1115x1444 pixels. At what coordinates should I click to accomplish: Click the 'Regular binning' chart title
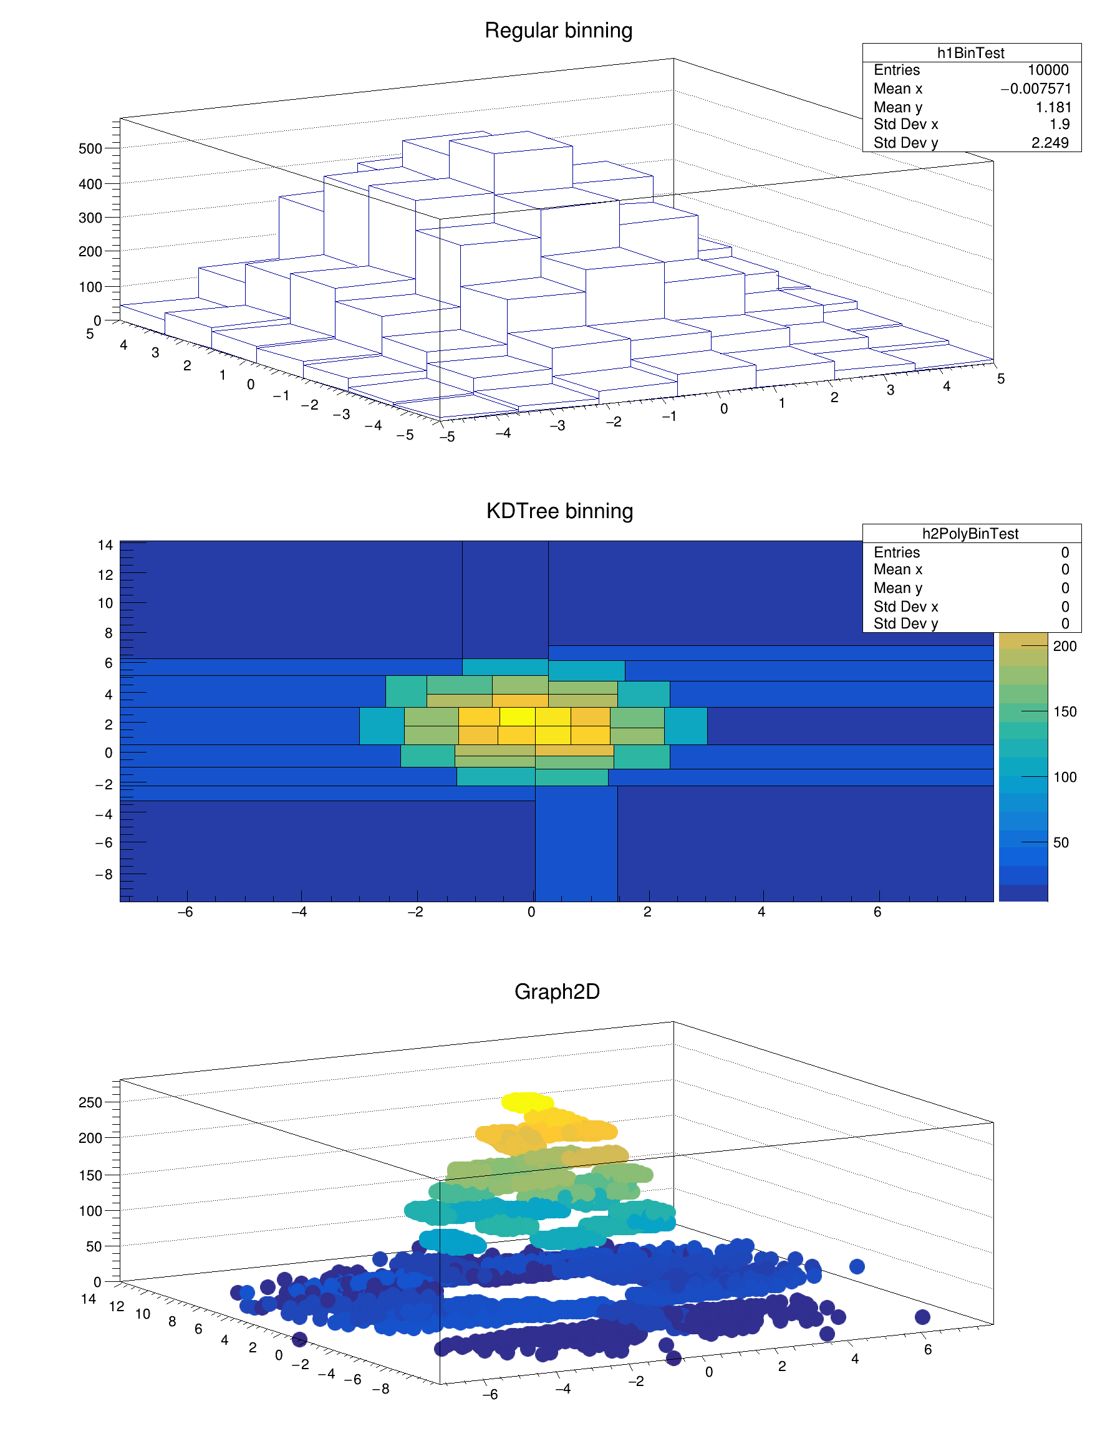point(558,31)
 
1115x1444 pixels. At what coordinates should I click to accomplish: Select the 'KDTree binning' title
point(559,511)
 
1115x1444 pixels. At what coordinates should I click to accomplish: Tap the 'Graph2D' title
point(557,991)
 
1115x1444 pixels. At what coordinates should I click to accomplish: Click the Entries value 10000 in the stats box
point(1048,70)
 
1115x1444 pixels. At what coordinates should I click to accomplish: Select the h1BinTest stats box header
point(970,53)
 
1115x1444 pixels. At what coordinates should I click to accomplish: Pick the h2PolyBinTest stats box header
point(970,534)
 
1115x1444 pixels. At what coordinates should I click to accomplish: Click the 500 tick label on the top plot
point(90,149)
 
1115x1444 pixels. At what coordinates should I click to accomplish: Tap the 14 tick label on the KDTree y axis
point(105,546)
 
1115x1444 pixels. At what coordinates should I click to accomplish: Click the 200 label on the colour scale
point(1064,646)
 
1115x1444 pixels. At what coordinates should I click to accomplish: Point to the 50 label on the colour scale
point(1061,842)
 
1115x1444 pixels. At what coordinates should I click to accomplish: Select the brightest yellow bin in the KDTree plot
point(517,717)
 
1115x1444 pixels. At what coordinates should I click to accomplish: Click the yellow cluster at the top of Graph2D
point(527,1102)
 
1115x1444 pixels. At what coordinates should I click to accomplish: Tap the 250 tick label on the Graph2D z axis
point(90,1102)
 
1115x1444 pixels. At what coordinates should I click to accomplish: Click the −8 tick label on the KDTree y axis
point(104,874)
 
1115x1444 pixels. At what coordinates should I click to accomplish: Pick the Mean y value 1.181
point(1053,107)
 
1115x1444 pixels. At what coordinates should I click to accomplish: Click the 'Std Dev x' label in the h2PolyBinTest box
point(905,606)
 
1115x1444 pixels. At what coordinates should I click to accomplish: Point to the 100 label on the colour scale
point(1064,777)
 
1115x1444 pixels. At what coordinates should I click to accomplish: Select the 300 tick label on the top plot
point(90,218)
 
